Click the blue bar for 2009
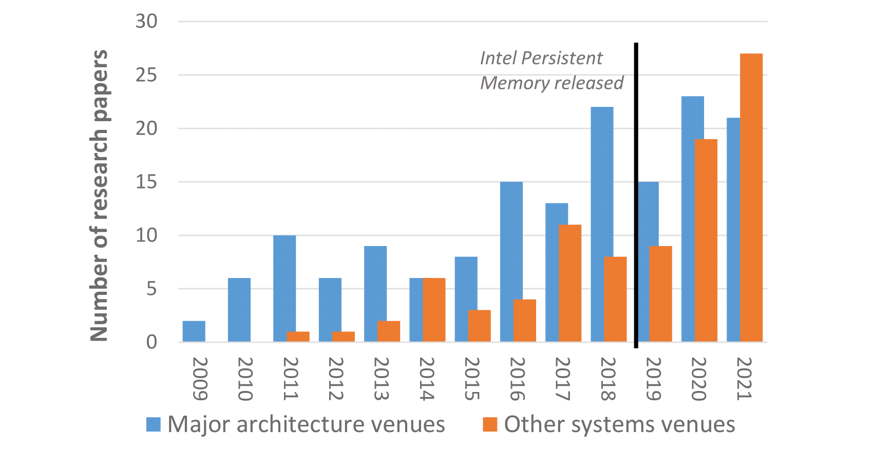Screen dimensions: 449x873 point(194,331)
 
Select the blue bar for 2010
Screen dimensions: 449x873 point(239,310)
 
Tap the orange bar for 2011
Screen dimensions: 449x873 point(298,336)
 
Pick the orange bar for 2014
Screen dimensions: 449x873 point(434,310)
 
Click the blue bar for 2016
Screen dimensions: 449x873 point(511,261)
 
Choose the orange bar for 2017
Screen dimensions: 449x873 point(570,283)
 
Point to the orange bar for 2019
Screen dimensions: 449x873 point(660,294)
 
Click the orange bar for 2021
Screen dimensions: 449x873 point(751,197)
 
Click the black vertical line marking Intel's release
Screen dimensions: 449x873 point(636,195)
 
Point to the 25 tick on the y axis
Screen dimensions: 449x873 point(146,75)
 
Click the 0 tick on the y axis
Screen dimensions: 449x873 point(151,342)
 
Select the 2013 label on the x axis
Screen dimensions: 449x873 point(381,379)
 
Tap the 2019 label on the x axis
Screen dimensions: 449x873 point(653,379)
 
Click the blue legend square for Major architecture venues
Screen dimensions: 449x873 point(154,424)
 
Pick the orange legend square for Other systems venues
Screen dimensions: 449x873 point(490,424)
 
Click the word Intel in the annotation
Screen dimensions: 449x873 point(498,58)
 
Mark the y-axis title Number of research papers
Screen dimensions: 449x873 point(99,195)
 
